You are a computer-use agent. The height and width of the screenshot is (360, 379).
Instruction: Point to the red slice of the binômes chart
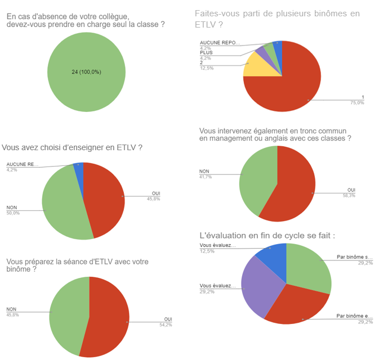[293, 79]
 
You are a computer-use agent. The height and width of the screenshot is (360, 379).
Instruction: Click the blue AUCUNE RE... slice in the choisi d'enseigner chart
[79, 166]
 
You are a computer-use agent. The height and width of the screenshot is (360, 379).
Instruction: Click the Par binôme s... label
[353, 256]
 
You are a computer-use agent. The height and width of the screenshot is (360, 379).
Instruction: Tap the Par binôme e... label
[353, 316]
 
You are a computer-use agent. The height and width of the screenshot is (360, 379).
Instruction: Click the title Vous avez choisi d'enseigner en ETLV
[72, 147]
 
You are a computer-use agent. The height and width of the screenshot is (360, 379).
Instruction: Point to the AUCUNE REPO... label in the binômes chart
[220, 43]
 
